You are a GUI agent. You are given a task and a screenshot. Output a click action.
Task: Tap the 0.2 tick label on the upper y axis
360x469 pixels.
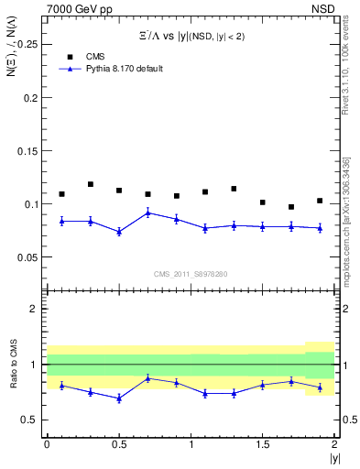click(32, 97)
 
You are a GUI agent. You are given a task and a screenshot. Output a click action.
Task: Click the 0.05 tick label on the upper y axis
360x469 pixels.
click(28, 257)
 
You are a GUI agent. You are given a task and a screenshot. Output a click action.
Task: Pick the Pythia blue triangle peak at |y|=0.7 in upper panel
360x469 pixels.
click(148, 213)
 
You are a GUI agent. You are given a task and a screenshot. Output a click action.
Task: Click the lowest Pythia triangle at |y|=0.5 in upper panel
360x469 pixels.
click(119, 232)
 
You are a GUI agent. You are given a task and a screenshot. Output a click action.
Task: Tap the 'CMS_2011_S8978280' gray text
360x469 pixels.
click(191, 274)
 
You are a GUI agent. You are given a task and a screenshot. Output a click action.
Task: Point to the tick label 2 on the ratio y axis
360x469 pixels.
click(35, 310)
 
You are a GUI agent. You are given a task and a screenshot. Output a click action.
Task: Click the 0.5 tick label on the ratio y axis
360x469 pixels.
click(30, 420)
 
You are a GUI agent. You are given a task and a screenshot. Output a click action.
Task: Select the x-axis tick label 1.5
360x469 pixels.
click(263, 444)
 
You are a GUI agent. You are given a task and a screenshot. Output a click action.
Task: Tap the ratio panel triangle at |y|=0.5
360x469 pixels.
click(119, 398)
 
